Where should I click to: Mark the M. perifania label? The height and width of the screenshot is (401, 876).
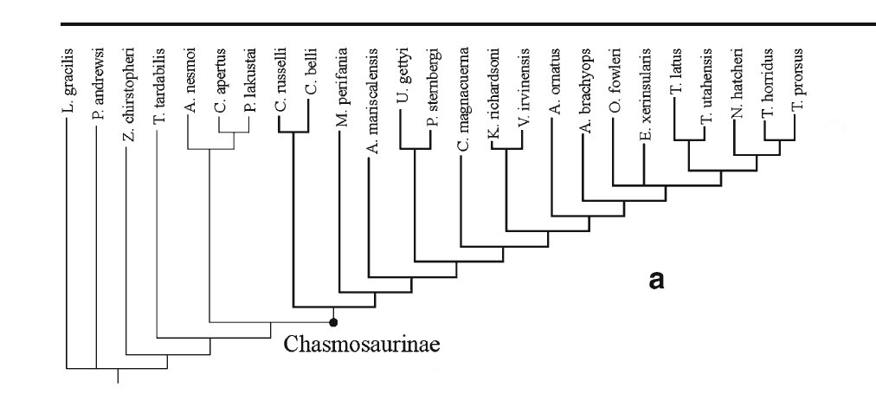[340, 95]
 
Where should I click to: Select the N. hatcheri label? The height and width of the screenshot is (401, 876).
[736, 93]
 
